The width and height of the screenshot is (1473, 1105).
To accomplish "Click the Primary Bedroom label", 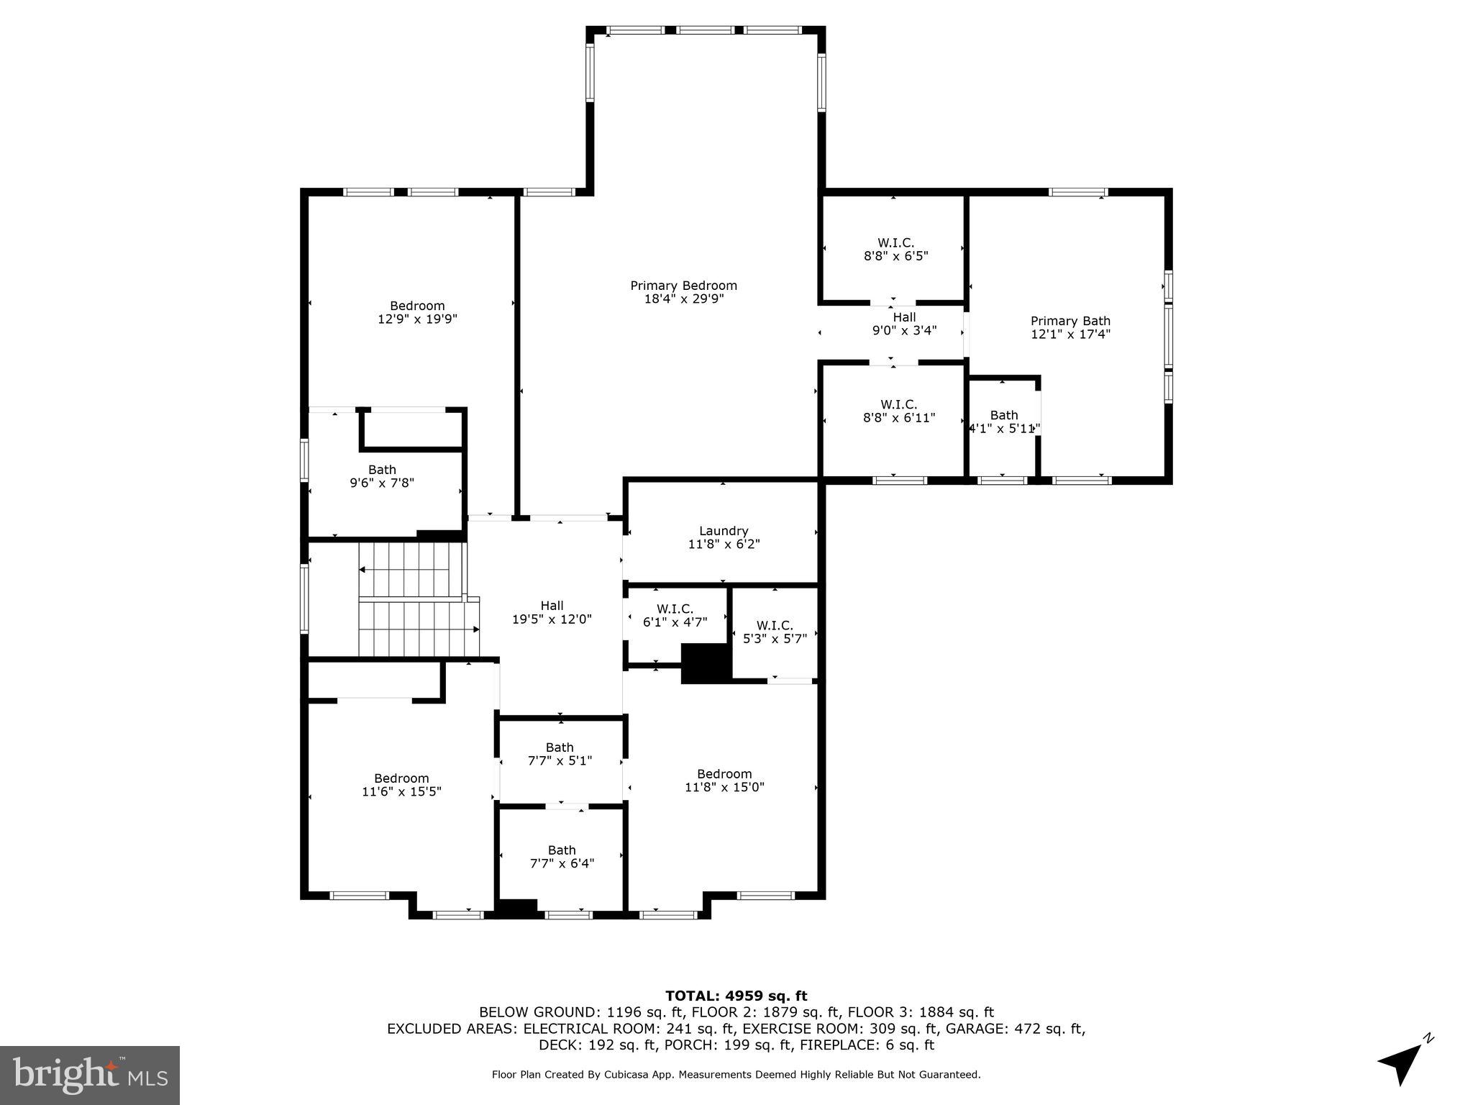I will click(x=683, y=286).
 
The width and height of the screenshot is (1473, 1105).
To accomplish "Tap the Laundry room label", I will click(x=724, y=532).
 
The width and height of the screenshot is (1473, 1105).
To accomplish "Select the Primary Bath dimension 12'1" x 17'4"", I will click(x=1070, y=334).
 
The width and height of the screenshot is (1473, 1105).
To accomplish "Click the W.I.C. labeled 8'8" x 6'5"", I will click(x=895, y=249).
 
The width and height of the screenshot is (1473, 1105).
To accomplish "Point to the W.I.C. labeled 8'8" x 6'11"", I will click(x=898, y=411).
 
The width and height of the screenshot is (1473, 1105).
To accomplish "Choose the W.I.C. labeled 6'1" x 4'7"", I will click(x=675, y=616).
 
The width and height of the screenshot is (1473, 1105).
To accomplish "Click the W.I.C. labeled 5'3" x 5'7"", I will click(x=775, y=632).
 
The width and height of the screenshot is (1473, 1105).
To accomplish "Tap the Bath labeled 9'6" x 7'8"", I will click(x=382, y=476).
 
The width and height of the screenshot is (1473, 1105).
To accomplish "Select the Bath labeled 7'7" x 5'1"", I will click(x=560, y=754).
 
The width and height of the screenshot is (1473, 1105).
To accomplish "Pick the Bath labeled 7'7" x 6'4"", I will click(x=562, y=857).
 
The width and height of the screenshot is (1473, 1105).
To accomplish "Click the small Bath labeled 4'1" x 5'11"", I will click(x=1003, y=422).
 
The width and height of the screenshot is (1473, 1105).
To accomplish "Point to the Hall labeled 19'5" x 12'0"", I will click(x=552, y=612).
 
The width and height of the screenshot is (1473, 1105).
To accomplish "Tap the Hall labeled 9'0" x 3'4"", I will click(x=904, y=324).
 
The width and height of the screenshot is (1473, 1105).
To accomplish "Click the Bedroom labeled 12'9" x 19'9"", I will click(x=417, y=312).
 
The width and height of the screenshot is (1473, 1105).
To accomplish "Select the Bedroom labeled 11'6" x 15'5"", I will click(x=401, y=785).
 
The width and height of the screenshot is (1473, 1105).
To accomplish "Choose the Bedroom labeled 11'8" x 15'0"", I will click(x=724, y=781).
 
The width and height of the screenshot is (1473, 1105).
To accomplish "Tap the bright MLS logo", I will click(x=90, y=1075).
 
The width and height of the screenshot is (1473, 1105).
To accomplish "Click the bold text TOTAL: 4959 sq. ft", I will click(x=736, y=996).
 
